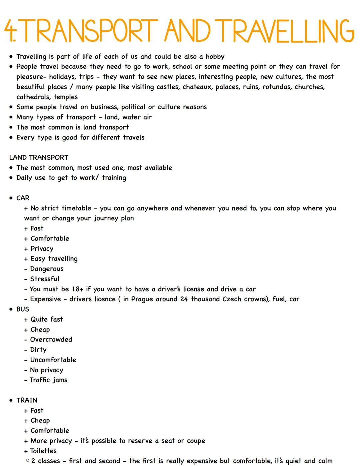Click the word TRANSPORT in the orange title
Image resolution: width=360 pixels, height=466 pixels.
click(90, 31)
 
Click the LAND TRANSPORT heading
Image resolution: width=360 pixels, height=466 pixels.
click(39, 157)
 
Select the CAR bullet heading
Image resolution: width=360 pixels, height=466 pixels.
click(23, 198)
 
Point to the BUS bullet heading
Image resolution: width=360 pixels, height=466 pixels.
click(23, 309)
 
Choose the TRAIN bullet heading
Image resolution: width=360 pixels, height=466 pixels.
click(27, 400)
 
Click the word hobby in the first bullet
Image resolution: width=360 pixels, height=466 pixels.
click(215, 57)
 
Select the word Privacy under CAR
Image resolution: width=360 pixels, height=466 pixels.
click(42, 249)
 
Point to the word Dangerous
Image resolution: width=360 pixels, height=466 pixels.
click(47, 269)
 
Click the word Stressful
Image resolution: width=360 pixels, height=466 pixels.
click(45, 279)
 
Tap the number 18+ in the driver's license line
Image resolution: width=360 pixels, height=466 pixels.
click(77, 289)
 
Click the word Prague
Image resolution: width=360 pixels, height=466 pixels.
click(143, 299)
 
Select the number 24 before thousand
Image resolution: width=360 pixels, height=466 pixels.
click(184, 299)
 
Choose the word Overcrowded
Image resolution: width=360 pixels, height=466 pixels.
click(51, 340)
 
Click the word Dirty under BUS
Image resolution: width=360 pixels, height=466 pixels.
click(38, 350)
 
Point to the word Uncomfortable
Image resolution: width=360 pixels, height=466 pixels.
click(53, 360)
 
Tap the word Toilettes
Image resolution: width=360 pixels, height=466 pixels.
click(44, 451)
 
